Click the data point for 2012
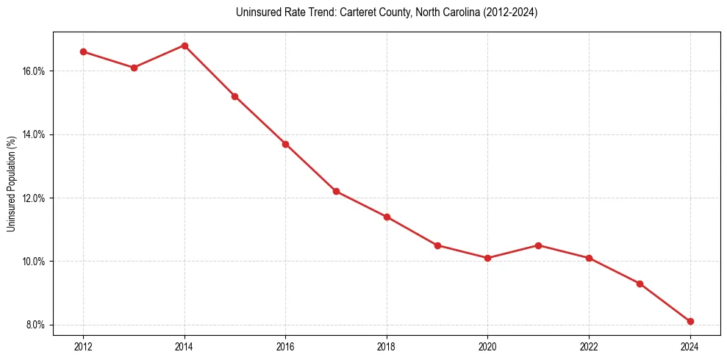83,51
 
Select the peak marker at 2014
185,46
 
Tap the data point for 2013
134,68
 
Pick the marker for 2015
234,96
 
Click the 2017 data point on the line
336,191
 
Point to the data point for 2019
437,245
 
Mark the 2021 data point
538,245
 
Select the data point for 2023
640,284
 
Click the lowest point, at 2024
690,321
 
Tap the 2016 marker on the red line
285,144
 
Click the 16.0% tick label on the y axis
35,71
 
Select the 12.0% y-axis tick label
35,198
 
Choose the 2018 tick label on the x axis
387,347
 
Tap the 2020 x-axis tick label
487,347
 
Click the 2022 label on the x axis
589,347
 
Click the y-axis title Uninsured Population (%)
11,184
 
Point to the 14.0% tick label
35,134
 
